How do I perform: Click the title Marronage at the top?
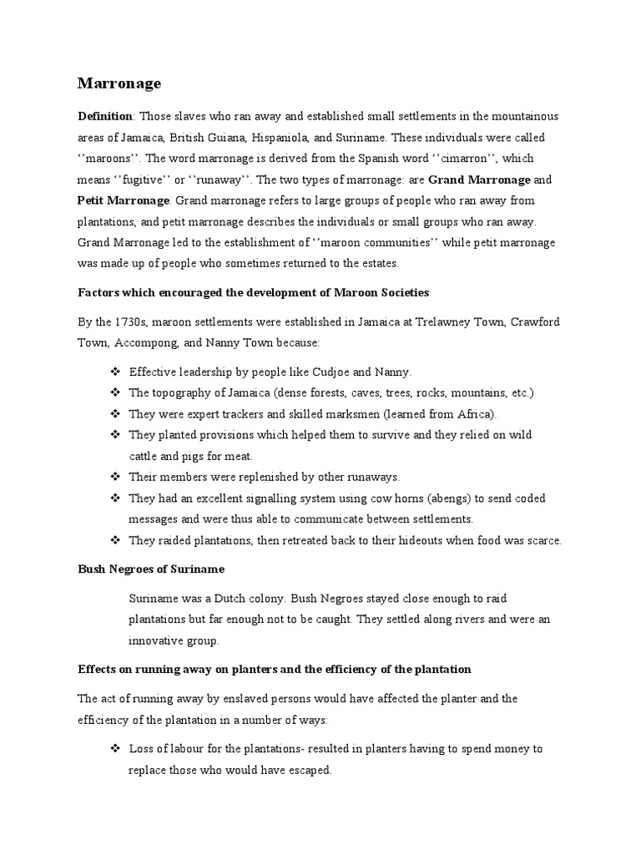pos(119,83)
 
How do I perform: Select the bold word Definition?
pos(104,116)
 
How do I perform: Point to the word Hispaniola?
pos(304,137)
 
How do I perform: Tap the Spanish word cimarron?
pos(465,159)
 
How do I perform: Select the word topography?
pos(182,392)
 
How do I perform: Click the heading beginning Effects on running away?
pos(275,670)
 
